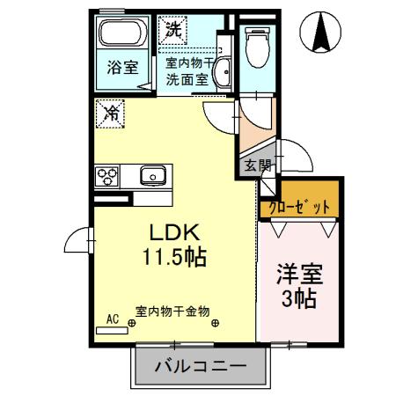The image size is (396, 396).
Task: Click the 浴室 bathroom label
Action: (122, 69)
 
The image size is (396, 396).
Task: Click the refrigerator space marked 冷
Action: (111, 114)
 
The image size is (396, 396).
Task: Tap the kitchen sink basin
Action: (154, 175)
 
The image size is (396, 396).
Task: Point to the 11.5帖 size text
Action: (175, 257)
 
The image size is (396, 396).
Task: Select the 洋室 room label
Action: (297, 273)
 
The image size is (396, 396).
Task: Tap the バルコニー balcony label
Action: (199, 365)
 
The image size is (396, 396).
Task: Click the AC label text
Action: (112, 319)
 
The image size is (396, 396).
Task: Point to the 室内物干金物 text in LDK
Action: (172, 310)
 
